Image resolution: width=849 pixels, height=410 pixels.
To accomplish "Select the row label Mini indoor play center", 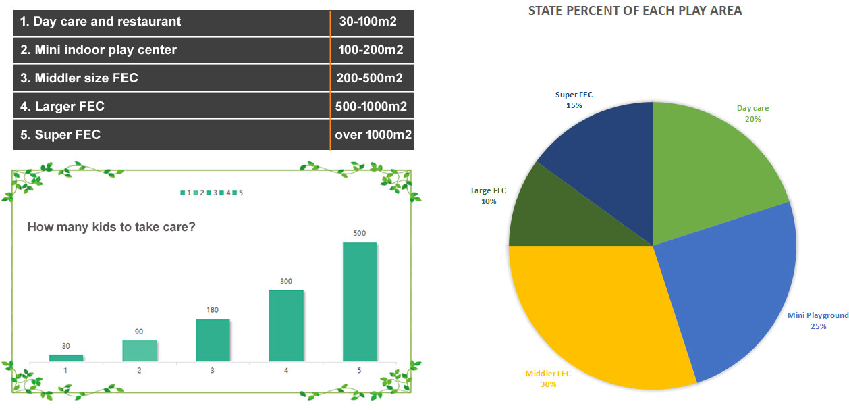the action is pyautogui.click(x=99, y=50).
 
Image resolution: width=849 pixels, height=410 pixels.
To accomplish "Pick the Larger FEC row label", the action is pyautogui.click(x=62, y=107).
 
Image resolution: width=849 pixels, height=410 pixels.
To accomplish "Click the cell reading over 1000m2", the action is pyautogui.click(x=373, y=134).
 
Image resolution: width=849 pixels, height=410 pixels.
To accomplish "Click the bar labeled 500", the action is pyautogui.click(x=360, y=302).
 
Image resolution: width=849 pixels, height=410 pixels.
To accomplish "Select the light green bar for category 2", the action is pyautogui.click(x=140, y=351).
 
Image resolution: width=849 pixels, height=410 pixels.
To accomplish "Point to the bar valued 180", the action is pyautogui.click(x=213, y=340).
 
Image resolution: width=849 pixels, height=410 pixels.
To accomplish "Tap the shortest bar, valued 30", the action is pyautogui.click(x=66, y=358).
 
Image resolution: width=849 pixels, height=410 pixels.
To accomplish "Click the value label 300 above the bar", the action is pyautogui.click(x=286, y=282).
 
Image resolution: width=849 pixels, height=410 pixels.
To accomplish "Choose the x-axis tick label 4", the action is pyautogui.click(x=285, y=371).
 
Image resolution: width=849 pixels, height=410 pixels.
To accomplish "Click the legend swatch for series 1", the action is pyautogui.click(x=183, y=193).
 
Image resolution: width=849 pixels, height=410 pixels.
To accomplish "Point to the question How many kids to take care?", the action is pyautogui.click(x=111, y=227).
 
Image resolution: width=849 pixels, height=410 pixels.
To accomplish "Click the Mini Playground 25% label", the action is pyautogui.click(x=818, y=321).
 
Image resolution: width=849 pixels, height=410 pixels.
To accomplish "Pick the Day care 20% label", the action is pyautogui.click(x=752, y=113).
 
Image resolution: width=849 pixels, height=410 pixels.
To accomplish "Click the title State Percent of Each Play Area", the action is pyautogui.click(x=635, y=11).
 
